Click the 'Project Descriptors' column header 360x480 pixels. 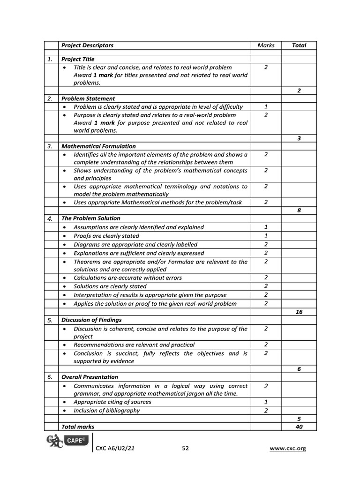click(87, 45)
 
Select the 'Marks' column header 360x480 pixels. click(266, 45)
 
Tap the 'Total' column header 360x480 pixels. click(299, 45)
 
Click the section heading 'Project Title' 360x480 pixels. click(78, 59)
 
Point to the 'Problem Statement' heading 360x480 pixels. click(88, 98)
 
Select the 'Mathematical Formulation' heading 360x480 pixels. click(98, 146)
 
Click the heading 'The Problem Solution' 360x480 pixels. click(90, 218)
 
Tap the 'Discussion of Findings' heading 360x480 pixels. click(91, 320)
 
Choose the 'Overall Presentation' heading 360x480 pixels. click(90, 377)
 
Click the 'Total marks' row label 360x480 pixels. click(78, 427)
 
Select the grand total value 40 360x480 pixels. click(299, 427)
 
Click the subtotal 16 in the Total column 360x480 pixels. click(299, 312)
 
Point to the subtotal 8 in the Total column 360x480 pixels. click(299, 210)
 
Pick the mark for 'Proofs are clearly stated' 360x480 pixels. click(266, 236)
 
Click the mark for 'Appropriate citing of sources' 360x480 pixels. click(266, 402)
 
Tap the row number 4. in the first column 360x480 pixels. click(50, 218)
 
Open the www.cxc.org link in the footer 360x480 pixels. click(288, 449)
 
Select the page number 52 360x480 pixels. click(185, 449)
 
